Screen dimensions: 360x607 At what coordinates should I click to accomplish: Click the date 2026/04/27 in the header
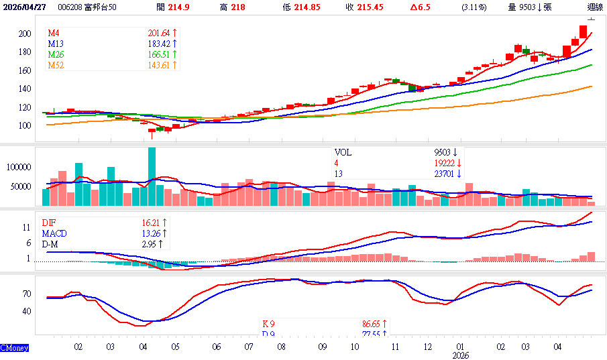25,7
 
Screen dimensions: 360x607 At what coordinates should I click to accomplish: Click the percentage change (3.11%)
474,7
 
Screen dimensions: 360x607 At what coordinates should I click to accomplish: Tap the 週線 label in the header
594,7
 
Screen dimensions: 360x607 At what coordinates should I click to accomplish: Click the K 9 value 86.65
372,323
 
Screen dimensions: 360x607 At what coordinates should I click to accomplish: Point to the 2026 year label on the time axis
460,355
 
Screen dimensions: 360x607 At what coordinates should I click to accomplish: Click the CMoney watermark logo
13,349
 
